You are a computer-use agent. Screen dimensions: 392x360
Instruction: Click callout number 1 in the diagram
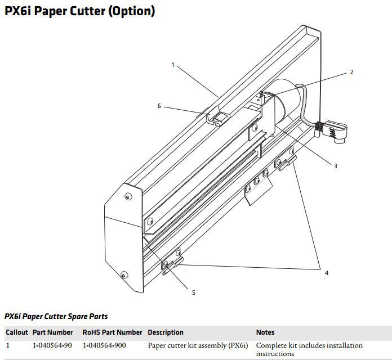point(173,65)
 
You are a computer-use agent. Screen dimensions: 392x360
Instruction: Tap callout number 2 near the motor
point(352,72)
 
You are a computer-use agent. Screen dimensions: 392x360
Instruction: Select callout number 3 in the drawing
point(336,166)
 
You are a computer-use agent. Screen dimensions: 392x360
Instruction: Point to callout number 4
point(327,273)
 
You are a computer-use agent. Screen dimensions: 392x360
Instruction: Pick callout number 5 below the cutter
point(194,292)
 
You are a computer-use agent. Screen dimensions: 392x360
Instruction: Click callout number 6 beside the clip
point(159,106)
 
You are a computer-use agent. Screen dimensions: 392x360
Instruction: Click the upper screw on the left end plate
point(128,197)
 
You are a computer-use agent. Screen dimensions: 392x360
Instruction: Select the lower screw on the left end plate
point(124,275)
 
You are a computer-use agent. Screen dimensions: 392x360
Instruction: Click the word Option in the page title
point(131,11)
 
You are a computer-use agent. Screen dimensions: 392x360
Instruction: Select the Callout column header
point(17,332)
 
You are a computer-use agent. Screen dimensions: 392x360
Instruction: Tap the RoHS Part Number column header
point(112,332)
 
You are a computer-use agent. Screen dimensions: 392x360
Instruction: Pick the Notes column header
point(265,332)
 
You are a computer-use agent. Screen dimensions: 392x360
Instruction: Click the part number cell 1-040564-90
point(52,345)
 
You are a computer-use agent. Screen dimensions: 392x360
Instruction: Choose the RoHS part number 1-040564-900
point(104,345)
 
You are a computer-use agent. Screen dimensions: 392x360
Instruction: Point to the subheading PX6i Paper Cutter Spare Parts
point(56,317)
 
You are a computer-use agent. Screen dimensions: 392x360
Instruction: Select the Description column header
point(166,332)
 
